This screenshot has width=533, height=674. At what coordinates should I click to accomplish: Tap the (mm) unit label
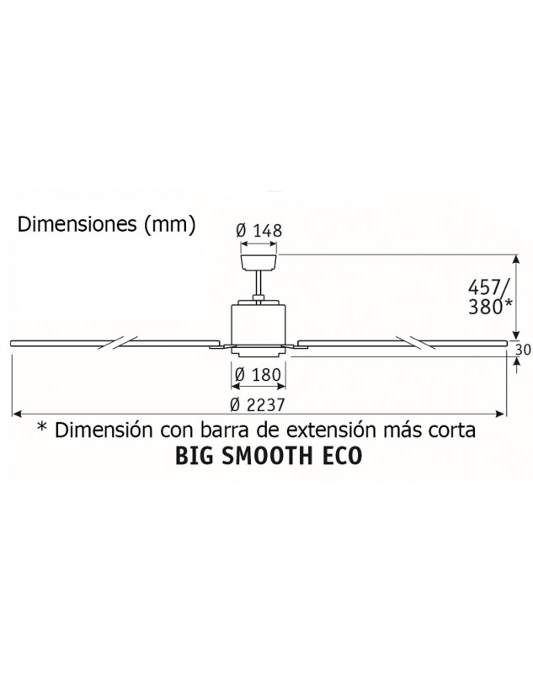tap(169, 225)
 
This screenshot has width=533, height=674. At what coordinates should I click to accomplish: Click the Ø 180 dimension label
tap(259, 374)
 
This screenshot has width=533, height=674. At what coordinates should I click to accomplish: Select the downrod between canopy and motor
tap(259, 285)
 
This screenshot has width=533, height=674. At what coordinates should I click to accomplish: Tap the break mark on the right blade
tap(417, 343)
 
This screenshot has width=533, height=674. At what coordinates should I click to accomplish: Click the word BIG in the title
tap(194, 456)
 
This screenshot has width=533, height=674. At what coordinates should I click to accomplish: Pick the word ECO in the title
tap(340, 456)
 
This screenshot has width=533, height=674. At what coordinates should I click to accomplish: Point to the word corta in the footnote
tap(455, 430)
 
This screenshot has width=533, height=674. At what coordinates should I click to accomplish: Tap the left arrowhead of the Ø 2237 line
tap(15, 414)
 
